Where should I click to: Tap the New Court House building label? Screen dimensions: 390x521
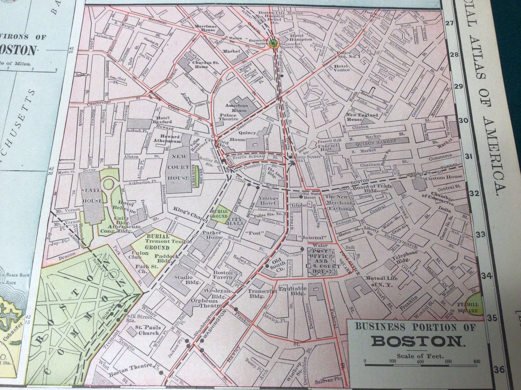[179, 167]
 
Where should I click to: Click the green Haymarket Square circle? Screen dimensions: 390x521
[273, 43]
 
